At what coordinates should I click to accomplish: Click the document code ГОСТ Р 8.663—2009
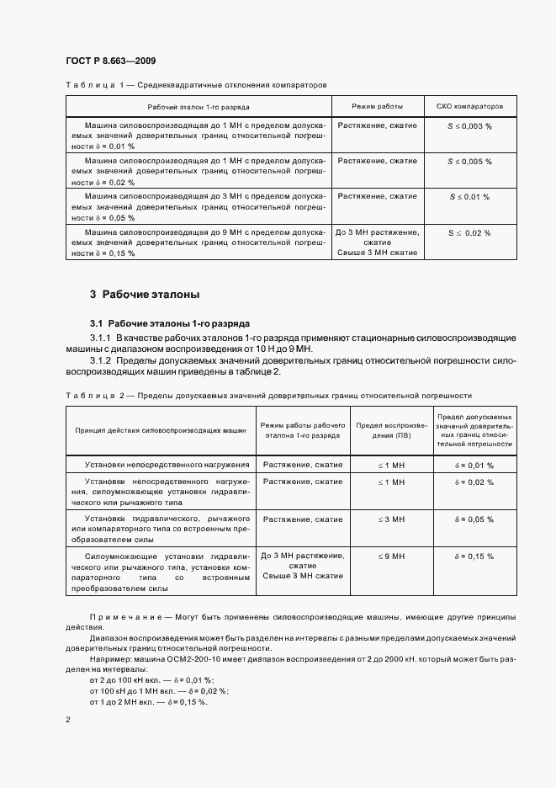click(x=109, y=61)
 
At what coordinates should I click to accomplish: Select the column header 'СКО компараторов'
click(x=469, y=107)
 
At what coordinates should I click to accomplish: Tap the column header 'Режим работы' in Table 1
click(x=377, y=107)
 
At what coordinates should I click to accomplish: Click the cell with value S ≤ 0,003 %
click(x=469, y=125)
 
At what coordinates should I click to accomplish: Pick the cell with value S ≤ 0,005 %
click(x=469, y=161)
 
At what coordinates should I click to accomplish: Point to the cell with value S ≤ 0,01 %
click(x=469, y=197)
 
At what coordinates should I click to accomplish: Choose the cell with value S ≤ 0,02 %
click(x=469, y=232)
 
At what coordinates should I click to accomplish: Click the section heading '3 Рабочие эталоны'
click(x=145, y=295)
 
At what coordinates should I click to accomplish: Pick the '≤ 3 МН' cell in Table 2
click(x=391, y=519)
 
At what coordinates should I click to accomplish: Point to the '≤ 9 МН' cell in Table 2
click(x=391, y=556)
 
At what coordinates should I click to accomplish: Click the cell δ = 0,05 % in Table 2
click(x=474, y=519)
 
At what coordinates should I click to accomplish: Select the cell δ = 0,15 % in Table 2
click(x=474, y=556)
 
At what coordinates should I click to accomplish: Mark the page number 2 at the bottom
click(x=68, y=720)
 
